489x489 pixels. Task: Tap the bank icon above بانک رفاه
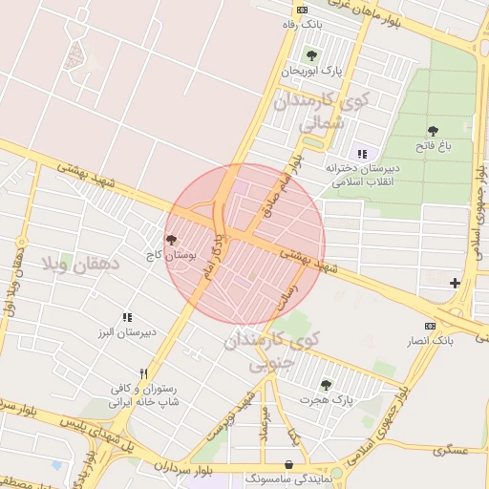[303, 11]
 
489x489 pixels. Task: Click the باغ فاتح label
[432, 146]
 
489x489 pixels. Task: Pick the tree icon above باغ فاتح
[433, 130]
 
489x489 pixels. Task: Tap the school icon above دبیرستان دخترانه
[361, 153]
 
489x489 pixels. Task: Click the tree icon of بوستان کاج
[171, 240]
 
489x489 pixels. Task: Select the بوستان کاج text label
[179, 256]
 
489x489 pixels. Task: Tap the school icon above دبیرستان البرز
[126, 317]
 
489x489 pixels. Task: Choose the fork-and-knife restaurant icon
[143, 372]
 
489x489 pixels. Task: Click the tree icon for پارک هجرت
[326, 384]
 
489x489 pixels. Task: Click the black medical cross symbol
[455, 283]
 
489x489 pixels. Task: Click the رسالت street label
[286, 299]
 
